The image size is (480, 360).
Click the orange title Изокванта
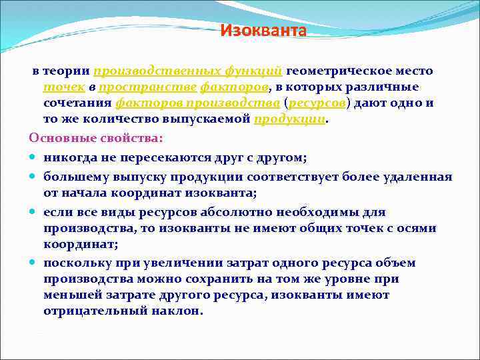[x=263, y=31]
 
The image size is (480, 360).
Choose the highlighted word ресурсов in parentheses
[x=317, y=103]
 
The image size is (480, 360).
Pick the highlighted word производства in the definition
[x=232, y=103]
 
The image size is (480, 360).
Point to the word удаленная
[x=418, y=177]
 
